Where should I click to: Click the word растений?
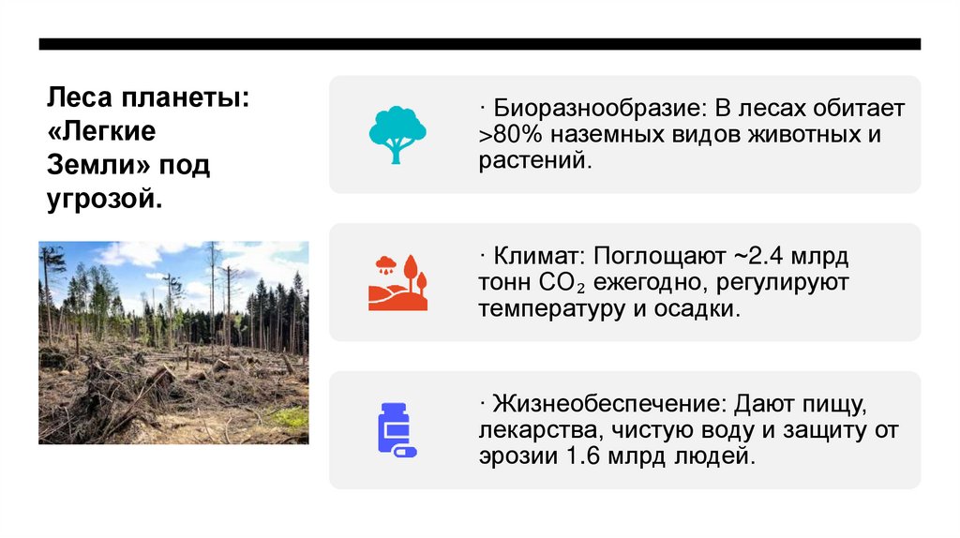[x=535, y=160]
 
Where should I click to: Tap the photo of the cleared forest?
[x=173, y=342]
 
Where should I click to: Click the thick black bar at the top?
[x=480, y=44]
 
